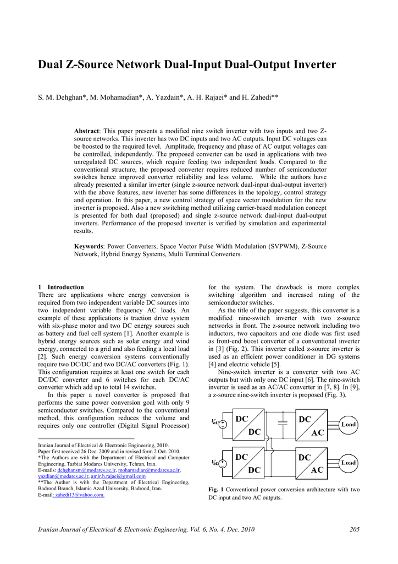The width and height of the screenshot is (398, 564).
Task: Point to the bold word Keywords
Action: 89,247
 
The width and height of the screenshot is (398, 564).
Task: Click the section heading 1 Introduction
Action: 61,287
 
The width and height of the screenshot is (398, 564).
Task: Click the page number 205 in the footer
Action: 354,530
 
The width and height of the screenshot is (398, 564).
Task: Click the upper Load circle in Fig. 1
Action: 349,425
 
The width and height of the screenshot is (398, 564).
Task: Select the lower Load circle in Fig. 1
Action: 349,463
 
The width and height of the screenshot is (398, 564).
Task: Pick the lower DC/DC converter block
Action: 248,463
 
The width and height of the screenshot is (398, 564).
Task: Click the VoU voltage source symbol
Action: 223,425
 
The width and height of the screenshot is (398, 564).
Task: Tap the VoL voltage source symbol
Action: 223,464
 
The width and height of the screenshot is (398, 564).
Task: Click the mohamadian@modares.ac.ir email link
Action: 149,471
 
